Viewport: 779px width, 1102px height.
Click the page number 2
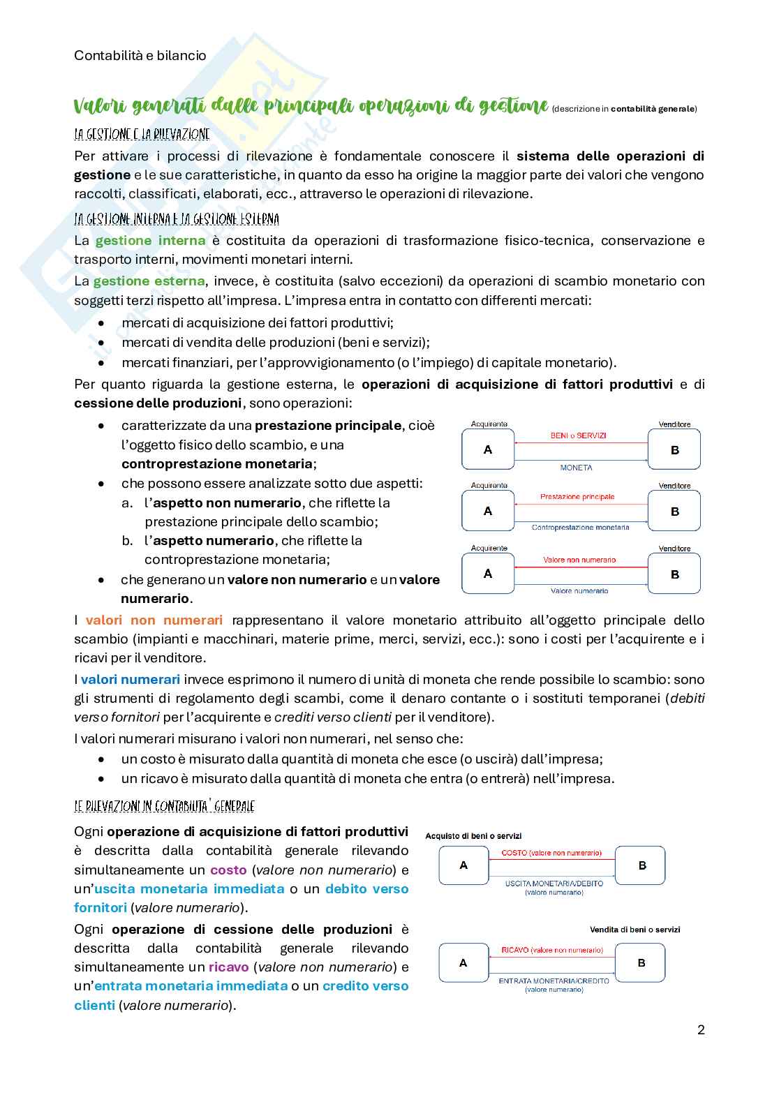pos(701,1029)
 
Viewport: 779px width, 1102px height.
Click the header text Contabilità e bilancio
pos(140,55)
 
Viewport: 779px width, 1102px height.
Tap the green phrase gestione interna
pos(150,241)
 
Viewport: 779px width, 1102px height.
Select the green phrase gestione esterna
pos(149,281)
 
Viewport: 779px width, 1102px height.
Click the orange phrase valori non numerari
pos(154,620)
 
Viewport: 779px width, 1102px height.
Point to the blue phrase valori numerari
pos(131,680)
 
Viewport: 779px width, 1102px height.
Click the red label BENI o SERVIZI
pos(578,435)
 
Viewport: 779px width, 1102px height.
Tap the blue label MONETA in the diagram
pos(576,468)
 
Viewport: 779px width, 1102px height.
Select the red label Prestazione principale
pos(577,497)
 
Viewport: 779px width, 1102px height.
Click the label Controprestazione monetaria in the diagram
pos(580,528)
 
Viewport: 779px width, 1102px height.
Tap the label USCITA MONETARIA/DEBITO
pos(554,884)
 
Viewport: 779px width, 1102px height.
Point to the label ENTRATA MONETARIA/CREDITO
pos(554,981)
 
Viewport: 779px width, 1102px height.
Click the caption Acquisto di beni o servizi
pos(473,836)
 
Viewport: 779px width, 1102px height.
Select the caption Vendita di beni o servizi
pos(635,930)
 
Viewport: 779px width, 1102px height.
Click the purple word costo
pos(228,870)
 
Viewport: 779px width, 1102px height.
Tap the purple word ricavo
pos(228,967)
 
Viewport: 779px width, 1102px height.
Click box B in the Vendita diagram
pos(641,962)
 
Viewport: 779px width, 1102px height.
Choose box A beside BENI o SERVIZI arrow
pos(488,450)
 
